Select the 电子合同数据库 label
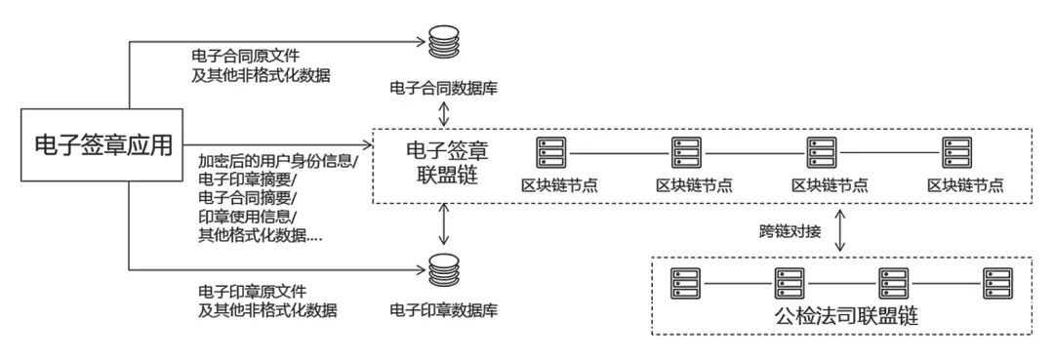444,88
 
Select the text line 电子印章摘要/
246,180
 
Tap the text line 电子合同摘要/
246,198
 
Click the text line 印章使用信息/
246,217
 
